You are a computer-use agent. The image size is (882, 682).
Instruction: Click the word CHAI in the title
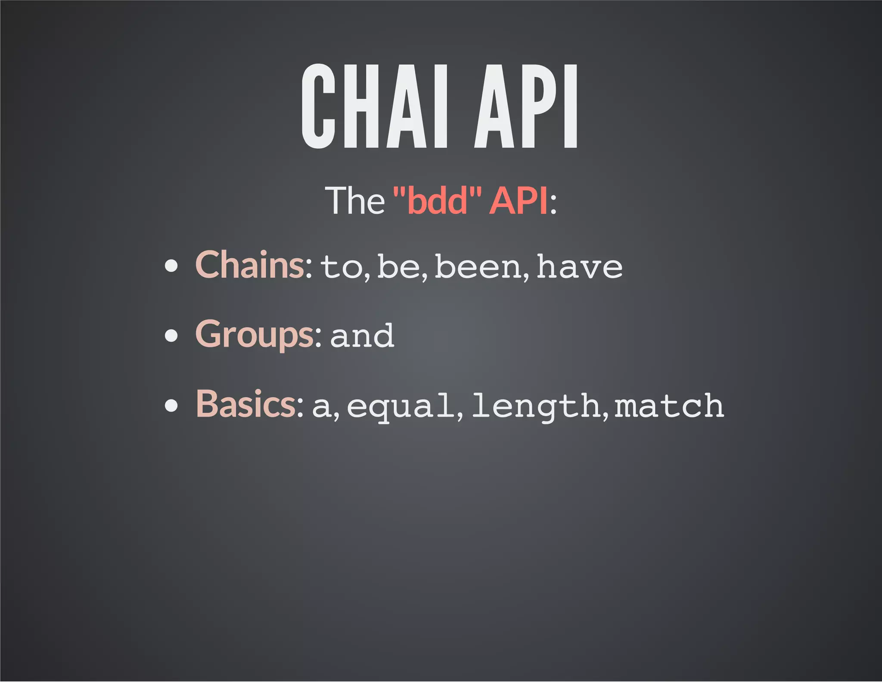(x=375, y=106)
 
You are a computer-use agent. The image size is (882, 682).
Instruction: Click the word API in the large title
(x=526, y=106)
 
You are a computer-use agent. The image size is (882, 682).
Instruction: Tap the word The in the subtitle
(x=354, y=200)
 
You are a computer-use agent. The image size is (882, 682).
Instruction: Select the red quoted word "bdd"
(x=437, y=200)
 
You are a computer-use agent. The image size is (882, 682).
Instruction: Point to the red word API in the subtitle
(x=519, y=200)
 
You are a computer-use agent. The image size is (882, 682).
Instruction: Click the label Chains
(x=250, y=265)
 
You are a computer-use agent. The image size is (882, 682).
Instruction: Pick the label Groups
(x=255, y=335)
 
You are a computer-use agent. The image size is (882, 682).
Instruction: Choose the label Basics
(x=245, y=404)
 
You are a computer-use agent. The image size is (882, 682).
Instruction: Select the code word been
(x=478, y=266)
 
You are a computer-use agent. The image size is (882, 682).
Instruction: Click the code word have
(x=580, y=266)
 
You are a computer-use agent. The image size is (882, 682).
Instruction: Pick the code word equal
(x=401, y=407)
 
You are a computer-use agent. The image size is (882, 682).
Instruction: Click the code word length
(x=537, y=407)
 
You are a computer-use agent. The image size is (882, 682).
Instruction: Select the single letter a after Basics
(x=322, y=407)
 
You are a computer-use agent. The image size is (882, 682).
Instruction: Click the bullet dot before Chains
(x=171, y=266)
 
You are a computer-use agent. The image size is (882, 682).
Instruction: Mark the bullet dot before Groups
(x=171, y=335)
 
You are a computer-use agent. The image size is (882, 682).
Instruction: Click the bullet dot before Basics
(x=171, y=406)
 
